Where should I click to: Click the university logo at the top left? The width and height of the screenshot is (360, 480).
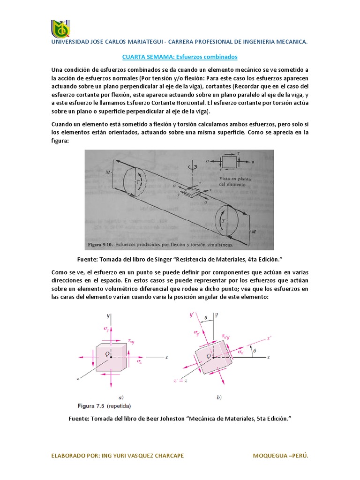60,29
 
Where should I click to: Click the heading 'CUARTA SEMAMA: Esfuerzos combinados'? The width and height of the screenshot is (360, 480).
180,57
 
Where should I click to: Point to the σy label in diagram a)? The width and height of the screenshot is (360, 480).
106,330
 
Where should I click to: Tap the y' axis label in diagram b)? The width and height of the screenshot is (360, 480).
191,315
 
